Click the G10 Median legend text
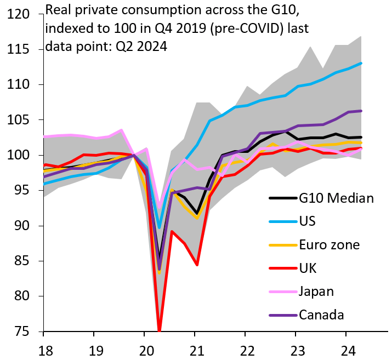click(337, 198)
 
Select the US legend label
click(308, 221)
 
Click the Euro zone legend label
click(329, 244)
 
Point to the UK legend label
click(308, 268)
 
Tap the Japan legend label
click(316, 292)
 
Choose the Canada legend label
click(321, 315)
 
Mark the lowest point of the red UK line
click(160, 330)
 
